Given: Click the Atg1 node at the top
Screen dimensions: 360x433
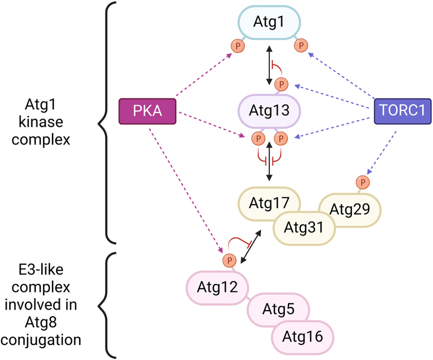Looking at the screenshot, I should (x=269, y=23).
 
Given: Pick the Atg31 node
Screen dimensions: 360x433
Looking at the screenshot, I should (x=304, y=227).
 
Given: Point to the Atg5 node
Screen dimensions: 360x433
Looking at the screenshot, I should (x=278, y=310).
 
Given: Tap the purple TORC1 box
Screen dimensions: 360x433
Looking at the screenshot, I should (x=403, y=112).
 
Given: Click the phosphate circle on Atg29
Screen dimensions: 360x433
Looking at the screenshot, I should (x=363, y=182).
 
